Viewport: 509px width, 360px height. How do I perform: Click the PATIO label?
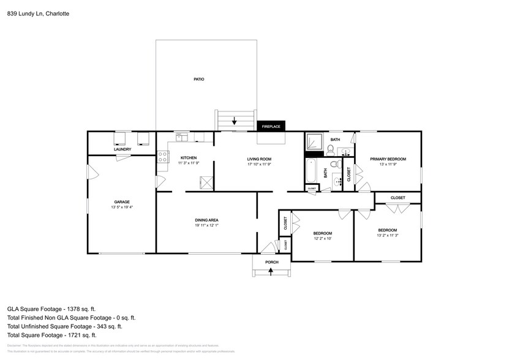(198, 80)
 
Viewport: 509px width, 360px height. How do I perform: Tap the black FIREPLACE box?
(271, 126)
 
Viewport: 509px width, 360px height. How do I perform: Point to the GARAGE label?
(121, 201)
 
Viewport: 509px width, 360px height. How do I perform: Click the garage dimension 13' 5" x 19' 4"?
(121, 208)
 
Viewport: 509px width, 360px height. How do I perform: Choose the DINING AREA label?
(206, 220)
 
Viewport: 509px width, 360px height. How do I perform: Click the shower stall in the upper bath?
(315, 141)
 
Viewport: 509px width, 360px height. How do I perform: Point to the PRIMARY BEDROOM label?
(388, 159)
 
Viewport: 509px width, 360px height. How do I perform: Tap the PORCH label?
(272, 262)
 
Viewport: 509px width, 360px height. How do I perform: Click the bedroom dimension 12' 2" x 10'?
(323, 239)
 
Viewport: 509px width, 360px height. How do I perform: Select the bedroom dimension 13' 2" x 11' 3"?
(388, 236)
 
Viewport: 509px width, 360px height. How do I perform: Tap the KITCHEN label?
(188, 157)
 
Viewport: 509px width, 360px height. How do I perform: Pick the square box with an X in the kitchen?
(206, 182)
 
